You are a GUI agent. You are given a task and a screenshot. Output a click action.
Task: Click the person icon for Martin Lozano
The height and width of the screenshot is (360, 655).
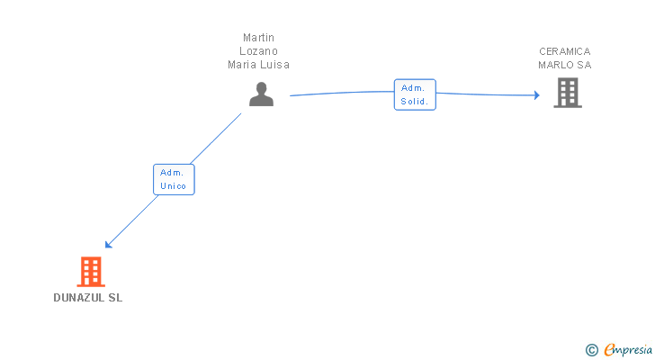[261, 94]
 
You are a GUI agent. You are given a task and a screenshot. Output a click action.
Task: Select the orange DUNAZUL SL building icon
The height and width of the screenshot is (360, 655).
[90, 272]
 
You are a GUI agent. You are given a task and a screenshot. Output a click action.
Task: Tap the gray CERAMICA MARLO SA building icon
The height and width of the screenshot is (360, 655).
[567, 93]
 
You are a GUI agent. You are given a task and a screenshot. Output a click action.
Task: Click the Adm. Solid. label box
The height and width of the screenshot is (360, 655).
[415, 94]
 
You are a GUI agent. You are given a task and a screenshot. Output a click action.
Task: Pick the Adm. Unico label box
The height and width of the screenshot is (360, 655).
[174, 179]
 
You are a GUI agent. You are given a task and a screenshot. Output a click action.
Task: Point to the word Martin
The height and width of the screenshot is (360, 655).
[258, 38]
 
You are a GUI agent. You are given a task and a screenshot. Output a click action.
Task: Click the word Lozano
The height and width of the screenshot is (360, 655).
[258, 51]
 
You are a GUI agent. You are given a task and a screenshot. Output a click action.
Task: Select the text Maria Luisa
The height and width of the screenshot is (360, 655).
[258, 65]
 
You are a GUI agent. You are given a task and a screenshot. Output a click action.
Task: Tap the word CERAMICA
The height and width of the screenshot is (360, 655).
[565, 51]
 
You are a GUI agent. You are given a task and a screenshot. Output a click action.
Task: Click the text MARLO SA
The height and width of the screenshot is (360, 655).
[565, 65]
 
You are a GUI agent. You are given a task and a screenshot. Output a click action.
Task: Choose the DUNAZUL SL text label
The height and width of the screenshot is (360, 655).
[87, 298]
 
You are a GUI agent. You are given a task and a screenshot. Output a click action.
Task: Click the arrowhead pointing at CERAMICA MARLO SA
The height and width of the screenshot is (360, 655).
[536, 94]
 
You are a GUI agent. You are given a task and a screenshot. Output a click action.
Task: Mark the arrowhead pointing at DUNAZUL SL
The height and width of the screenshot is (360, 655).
[109, 244]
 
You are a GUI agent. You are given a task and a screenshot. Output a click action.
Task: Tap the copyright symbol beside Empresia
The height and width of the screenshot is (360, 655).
[591, 350]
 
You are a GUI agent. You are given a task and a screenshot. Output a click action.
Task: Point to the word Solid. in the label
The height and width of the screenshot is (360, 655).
[416, 102]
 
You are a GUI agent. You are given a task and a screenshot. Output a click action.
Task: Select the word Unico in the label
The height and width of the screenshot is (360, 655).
[174, 186]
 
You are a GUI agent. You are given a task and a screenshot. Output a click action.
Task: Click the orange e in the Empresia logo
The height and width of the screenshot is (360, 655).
[609, 350]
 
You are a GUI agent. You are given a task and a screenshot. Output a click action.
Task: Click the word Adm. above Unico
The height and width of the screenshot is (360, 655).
[171, 172]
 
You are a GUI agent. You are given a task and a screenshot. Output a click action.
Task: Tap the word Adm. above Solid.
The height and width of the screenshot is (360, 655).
[413, 87]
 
